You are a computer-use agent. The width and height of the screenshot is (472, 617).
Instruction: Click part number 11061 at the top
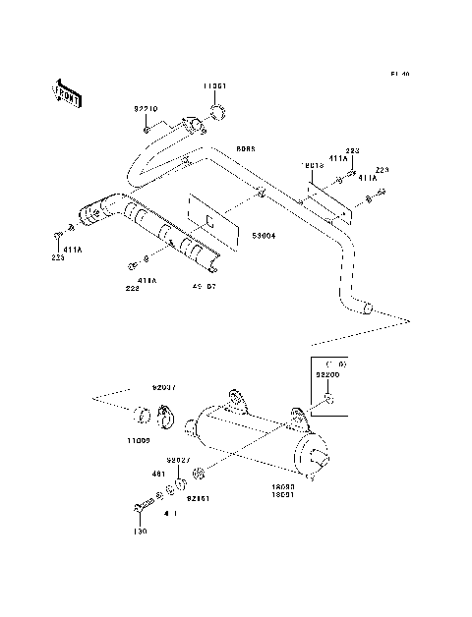tap(216, 85)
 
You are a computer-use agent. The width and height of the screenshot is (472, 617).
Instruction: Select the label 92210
tap(146, 110)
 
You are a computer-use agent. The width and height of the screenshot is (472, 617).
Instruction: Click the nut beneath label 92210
tap(147, 129)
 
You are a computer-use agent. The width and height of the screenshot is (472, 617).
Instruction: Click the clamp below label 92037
tap(163, 417)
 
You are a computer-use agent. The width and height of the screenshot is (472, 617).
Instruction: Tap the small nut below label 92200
tap(331, 400)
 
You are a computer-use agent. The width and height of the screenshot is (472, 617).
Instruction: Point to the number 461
tap(157, 473)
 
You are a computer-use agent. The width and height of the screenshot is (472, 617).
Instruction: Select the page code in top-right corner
tap(399, 74)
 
